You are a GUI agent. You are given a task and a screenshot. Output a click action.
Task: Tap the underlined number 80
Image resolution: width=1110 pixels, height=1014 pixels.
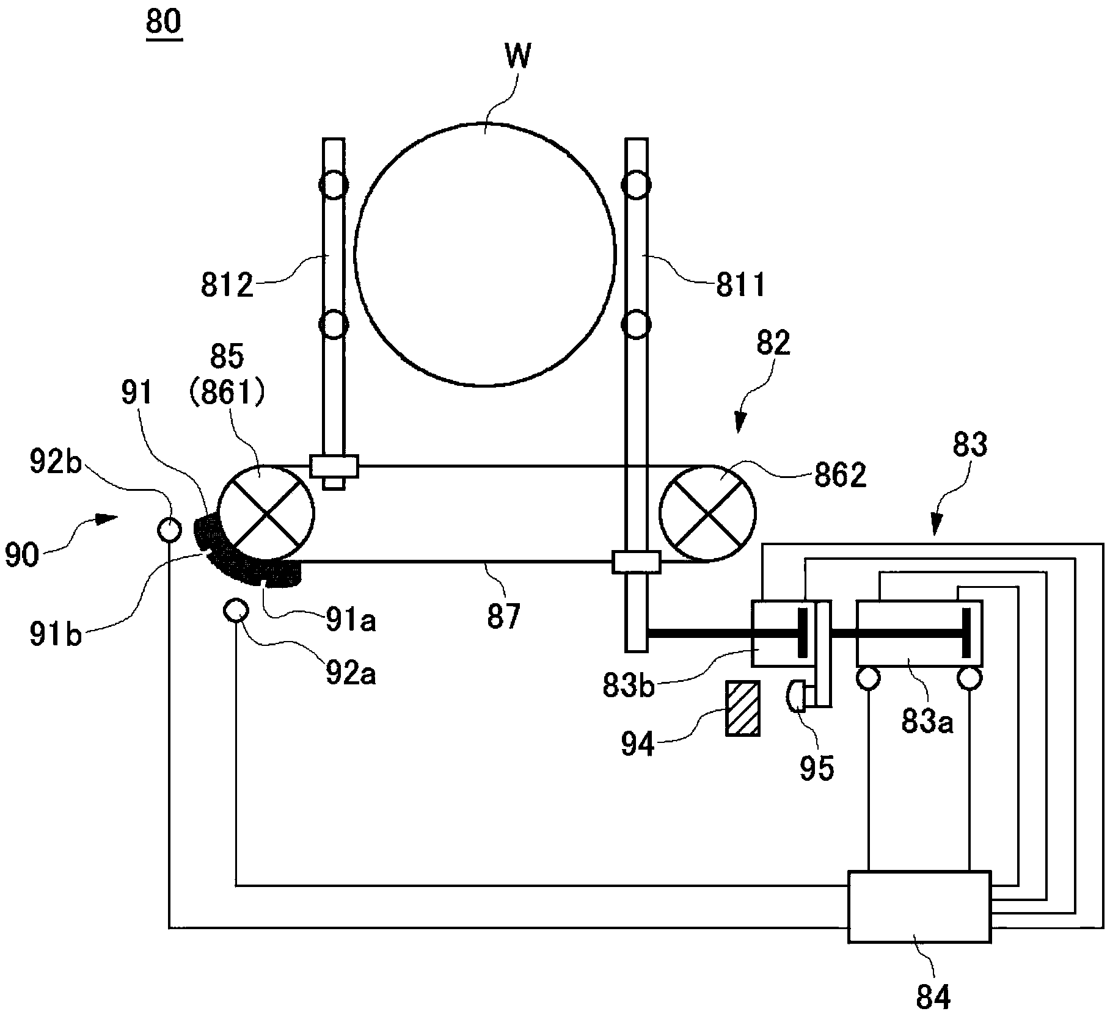[164, 23]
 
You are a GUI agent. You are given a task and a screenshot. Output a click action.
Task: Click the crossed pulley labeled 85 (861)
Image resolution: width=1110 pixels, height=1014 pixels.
[266, 513]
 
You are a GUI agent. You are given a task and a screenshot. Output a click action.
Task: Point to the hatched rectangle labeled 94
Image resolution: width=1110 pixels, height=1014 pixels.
[742, 708]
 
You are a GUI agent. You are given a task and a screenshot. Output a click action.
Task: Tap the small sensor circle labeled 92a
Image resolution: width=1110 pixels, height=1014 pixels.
[236, 609]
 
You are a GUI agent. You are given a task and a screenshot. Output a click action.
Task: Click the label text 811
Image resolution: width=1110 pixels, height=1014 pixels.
[741, 284]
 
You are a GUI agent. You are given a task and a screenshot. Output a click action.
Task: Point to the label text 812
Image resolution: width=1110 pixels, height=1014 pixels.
[227, 284]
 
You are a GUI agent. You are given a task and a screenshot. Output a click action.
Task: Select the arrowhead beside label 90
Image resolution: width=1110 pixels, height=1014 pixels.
[106, 520]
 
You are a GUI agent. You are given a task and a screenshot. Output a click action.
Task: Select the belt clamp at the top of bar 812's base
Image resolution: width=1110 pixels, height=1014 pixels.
[334, 466]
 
